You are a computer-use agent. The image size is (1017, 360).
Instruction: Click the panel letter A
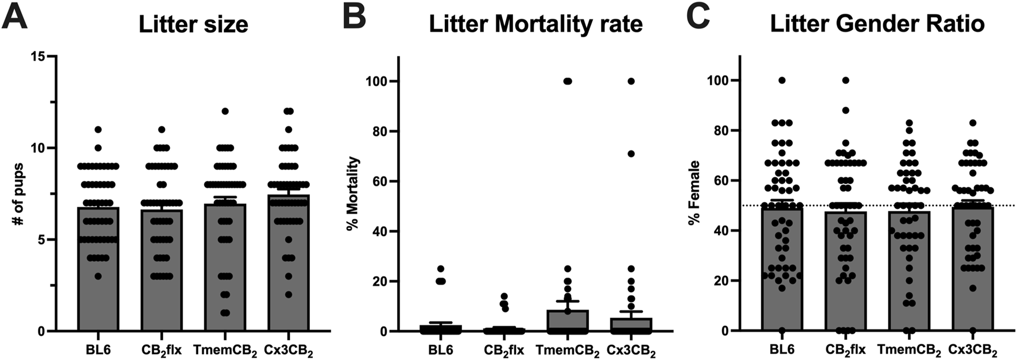point(15,18)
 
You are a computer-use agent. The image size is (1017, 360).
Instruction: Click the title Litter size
point(193,25)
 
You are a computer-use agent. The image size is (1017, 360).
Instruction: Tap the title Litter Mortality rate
point(535,25)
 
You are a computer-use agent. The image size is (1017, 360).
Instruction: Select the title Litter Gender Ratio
point(877,25)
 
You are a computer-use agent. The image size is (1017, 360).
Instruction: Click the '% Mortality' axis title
point(352,193)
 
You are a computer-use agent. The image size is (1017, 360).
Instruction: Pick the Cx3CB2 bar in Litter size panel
point(288,276)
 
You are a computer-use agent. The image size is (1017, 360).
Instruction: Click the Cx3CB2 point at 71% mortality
point(631,154)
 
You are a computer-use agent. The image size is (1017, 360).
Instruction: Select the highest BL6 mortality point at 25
point(441,269)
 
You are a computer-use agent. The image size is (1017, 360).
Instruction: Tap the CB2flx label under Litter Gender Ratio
point(846,350)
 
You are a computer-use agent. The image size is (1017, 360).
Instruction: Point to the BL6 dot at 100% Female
point(782,80)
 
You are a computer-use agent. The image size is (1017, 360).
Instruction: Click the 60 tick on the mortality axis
point(377,181)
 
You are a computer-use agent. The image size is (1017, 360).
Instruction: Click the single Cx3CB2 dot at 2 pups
point(288,295)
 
